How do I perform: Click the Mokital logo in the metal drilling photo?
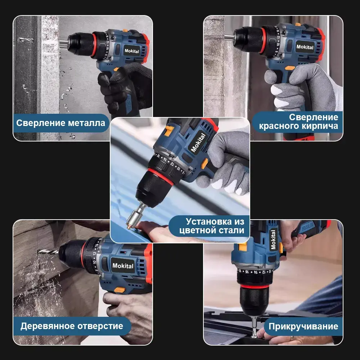point(131,51)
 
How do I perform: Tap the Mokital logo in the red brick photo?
point(305,47)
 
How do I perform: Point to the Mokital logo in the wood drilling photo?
point(123,266)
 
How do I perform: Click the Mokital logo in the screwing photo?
point(273,239)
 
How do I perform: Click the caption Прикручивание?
point(303,326)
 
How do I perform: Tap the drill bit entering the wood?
point(48,252)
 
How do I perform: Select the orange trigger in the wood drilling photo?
point(120,290)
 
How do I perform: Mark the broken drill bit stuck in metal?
point(25,40)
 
